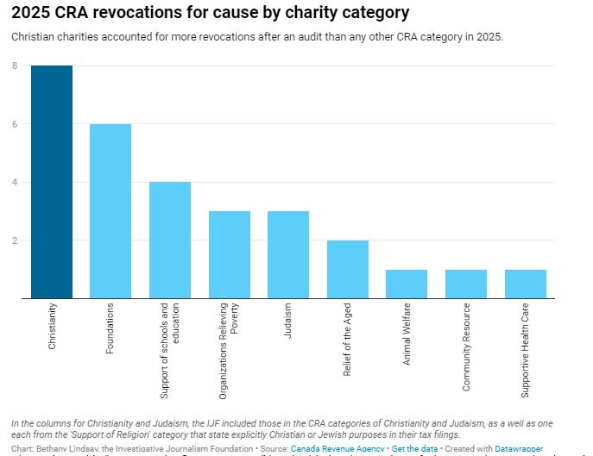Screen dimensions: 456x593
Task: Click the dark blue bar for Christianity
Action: (x=52, y=182)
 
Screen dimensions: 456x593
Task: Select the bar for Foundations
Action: (x=110, y=211)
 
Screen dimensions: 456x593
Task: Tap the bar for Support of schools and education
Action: (x=170, y=240)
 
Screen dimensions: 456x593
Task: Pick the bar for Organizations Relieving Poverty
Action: (x=230, y=255)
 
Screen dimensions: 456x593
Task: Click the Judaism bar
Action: (x=288, y=255)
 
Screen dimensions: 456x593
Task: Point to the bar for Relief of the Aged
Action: (x=348, y=270)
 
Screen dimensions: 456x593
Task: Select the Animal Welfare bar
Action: (x=407, y=284)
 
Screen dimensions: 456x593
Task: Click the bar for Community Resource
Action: (x=466, y=284)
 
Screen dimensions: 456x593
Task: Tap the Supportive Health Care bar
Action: (x=525, y=284)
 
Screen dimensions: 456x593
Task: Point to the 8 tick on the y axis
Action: (x=15, y=66)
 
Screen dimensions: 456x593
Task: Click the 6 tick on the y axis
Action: (x=15, y=124)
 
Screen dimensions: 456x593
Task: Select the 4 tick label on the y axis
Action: (x=15, y=183)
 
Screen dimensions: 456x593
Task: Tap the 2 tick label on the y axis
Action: (x=15, y=240)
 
